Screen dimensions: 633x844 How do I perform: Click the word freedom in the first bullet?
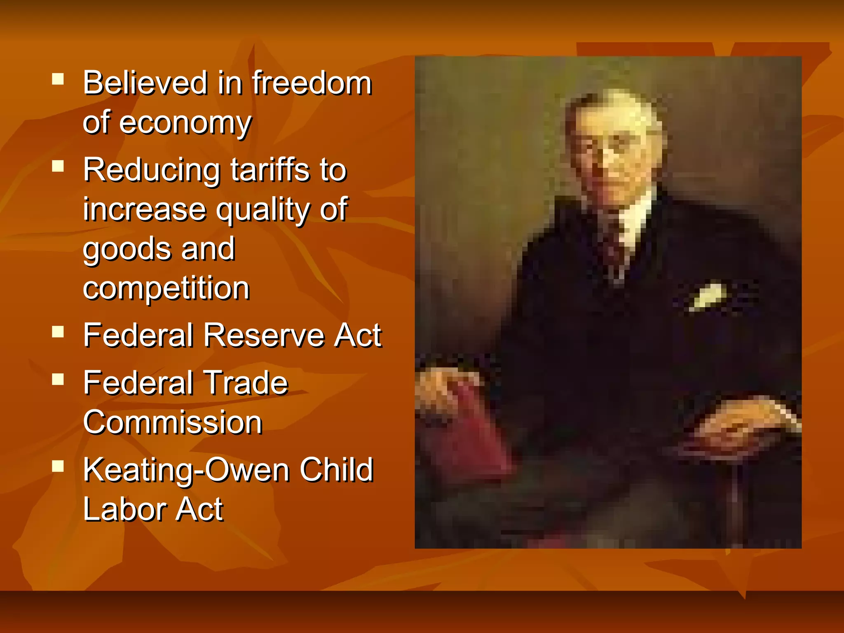click(x=312, y=83)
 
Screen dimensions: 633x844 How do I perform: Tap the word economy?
click(x=185, y=123)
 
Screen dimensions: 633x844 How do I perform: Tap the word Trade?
click(x=246, y=383)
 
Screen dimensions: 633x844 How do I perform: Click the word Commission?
click(x=173, y=422)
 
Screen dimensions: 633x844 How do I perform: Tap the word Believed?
click(x=145, y=83)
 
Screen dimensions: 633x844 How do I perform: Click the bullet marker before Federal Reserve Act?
click(x=58, y=332)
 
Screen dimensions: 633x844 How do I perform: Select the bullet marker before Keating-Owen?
click(x=58, y=466)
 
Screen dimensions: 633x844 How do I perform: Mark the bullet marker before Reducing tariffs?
click(x=58, y=166)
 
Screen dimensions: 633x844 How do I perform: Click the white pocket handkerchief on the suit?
click(x=708, y=296)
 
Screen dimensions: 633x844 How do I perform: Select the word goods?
click(x=127, y=249)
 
